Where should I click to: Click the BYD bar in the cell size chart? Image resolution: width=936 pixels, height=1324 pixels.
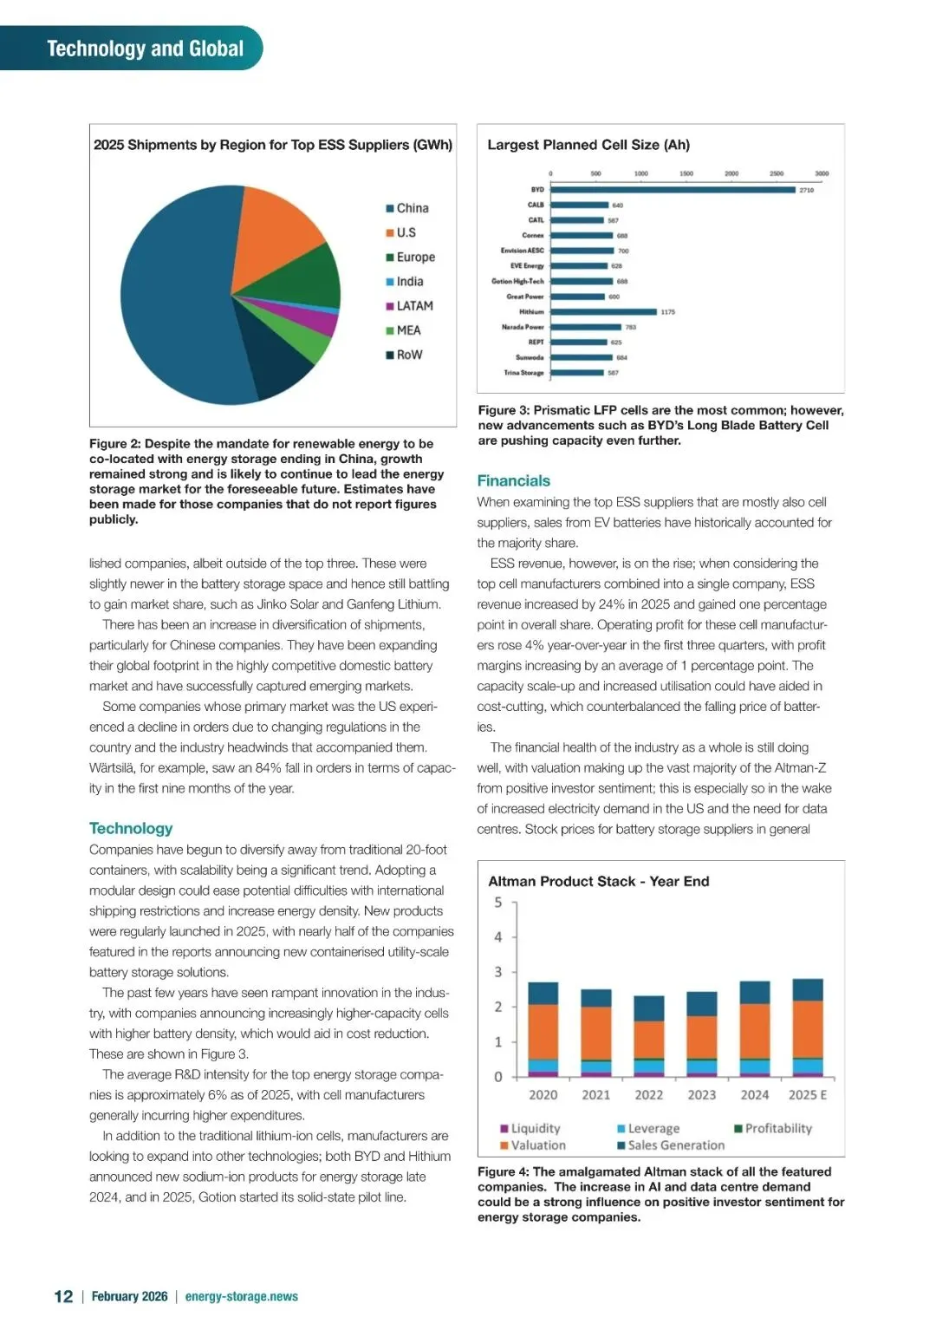[x=673, y=189]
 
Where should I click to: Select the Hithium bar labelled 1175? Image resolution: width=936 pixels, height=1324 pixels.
[x=603, y=311]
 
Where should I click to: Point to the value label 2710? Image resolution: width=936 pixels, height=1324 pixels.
[x=806, y=190]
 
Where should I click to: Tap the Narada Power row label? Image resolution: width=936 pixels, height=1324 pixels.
[x=523, y=327]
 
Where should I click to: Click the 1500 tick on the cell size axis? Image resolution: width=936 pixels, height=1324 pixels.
[x=686, y=173]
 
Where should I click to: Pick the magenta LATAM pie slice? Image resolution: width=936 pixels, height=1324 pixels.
[x=320, y=322]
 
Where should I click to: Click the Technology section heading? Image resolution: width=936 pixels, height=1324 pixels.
[x=131, y=828]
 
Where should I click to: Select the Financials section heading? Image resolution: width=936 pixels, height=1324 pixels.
[x=513, y=480]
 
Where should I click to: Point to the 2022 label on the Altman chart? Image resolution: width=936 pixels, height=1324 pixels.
[x=648, y=1095]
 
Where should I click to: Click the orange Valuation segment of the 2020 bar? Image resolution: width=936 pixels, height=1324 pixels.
[x=543, y=1032]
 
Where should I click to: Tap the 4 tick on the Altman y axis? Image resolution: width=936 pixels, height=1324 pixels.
[x=498, y=937]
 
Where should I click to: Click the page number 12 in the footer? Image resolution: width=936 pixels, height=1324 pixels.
[x=63, y=1296]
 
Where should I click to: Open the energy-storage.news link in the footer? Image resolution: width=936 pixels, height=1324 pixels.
[x=241, y=1296]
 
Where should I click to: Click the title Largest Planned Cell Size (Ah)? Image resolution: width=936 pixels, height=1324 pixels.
[x=588, y=145]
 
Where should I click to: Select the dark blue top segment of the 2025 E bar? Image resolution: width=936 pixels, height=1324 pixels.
[x=808, y=989]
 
